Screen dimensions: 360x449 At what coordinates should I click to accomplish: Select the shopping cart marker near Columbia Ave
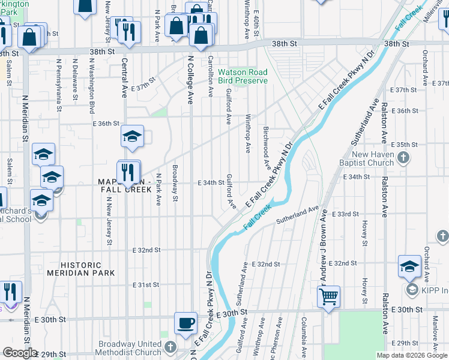tap(329, 296)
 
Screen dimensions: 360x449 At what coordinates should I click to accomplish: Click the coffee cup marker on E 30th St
tap(185, 323)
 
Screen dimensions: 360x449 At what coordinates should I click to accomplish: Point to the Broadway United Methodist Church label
tap(130, 349)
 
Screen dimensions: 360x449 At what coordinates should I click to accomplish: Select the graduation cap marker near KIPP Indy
tap(409, 266)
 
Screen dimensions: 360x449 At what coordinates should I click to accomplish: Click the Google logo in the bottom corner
tap(19, 353)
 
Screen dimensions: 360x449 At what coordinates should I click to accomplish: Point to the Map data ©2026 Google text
tap(412, 355)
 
